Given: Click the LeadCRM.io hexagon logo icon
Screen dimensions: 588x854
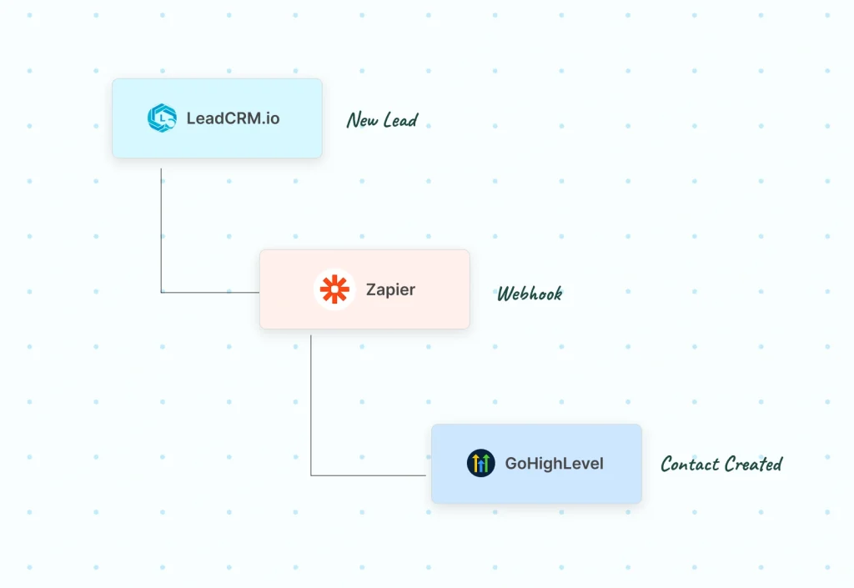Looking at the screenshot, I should (x=162, y=118).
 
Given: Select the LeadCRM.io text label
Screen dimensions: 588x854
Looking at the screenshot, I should (x=233, y=118).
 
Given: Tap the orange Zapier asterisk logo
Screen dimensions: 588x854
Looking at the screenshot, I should (x=334, y=289).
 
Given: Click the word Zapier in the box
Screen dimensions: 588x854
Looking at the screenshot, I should (x=390, y=290).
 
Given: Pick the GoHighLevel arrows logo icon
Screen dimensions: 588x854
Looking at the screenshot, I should (x=481, y=463).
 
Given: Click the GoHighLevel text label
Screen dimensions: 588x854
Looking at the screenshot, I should (x=554, y=464).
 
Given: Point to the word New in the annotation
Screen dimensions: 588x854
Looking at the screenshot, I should (x=362, y=121).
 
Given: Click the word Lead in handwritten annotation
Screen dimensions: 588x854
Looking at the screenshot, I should (x=400, y=121).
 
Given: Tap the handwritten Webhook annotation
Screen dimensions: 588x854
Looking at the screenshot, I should (x=530, y=294).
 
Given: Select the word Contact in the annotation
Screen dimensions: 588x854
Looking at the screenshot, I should (x=690, y=464).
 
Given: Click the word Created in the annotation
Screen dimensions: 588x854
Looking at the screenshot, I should (x=753, y=464).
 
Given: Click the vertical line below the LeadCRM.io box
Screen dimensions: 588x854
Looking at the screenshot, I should (x=161, y=225).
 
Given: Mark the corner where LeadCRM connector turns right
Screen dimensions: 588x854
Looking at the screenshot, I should (x=161, y=293).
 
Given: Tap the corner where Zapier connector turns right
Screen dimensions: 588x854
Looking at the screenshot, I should (x=311, y=475).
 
